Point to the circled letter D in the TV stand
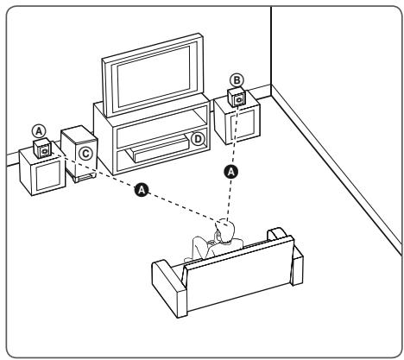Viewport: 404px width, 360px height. click(197, 139)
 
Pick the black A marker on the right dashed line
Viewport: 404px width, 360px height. click(230, 171)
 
